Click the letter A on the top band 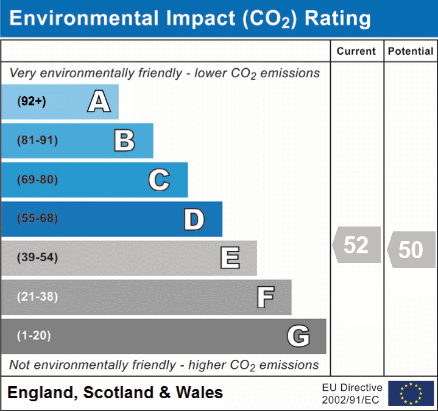(x=99, y=102)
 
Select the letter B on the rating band (x=124, y=141)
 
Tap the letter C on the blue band (x=159, y=180)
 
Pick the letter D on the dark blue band (x=194, y=219)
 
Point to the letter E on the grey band (x=230, y=258)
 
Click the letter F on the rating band (x=265, y=297)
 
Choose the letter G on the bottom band (x=298, y=336)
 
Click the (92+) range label (x=32, y=102)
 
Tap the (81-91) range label (x=38, y=141)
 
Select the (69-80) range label (x=38, y=180)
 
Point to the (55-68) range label (x=38, y=219)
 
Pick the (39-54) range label (x=38, y=258)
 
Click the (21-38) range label (x=38, y=297)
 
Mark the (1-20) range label (x=34, y=335)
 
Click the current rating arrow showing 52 (x=356, y=245)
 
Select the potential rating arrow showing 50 (x=411, y=250)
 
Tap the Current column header (x=356, y=52)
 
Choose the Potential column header (x=411, y=52)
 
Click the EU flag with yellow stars (x=411, y=393)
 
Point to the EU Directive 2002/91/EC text (x=352, y=393)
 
